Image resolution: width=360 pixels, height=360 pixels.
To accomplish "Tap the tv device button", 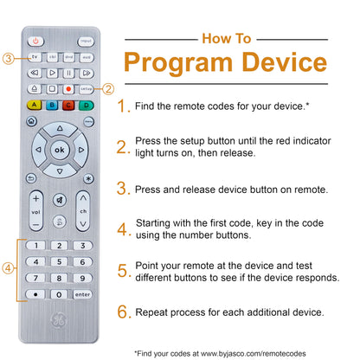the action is [x=35, y=57].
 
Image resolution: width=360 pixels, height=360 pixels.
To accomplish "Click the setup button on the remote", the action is [x=87, y=89].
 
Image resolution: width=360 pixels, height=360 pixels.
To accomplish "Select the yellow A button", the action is [x=35, y=105].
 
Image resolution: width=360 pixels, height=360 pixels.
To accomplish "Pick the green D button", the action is [x=87, y=106].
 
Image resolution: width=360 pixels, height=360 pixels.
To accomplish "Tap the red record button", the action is [x=68, y=89].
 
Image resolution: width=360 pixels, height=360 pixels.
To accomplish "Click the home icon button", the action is [x=32, y=121].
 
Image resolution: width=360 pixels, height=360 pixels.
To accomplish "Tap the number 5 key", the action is [x=59, y=262].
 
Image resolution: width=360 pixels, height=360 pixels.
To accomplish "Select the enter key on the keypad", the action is [x=82, y=294].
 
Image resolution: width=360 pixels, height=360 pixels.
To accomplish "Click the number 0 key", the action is [x=59, y=294].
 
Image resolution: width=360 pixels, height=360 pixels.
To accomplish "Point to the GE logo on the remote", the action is [x=59, y=320].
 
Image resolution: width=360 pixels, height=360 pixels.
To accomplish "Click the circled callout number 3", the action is [x=8, y=59].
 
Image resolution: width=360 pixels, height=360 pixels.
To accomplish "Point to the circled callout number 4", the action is [x=8, y=268].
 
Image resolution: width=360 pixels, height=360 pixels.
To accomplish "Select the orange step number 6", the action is [x=123, y=312].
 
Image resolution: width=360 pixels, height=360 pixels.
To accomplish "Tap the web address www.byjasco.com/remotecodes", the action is [x=254, y=354].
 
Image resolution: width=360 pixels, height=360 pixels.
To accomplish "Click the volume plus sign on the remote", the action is [x=35, y=198].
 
